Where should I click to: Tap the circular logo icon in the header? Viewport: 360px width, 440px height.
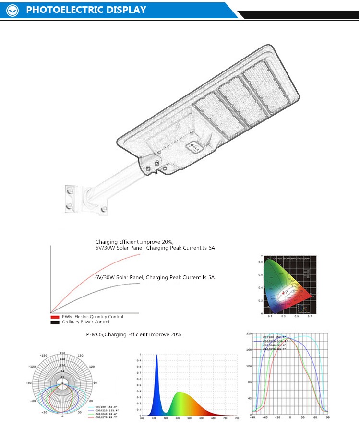tap(12, 10)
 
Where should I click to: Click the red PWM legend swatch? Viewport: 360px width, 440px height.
tap(54, 317)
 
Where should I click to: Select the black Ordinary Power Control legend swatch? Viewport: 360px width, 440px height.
tap(54, 322)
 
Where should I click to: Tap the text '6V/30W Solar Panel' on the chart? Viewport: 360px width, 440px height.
tap(120, 277)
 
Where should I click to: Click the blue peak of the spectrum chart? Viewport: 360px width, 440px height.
tap(156, 356)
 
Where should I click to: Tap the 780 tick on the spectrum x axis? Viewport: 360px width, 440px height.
tap(236, 418)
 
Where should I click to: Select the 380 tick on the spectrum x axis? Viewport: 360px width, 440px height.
tap(142, 418)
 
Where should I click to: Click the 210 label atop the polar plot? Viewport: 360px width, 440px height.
tap(62, 354)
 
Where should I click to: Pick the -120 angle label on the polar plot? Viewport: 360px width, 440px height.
tap(33, 366)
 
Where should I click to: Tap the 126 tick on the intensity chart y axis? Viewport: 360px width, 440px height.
tap(249, 366)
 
